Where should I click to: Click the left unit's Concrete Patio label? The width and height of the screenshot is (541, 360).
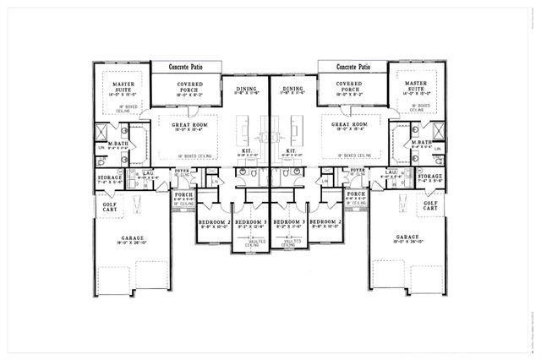(x=186, y=67)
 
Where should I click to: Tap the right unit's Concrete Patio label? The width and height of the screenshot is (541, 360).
(x=353, y=67)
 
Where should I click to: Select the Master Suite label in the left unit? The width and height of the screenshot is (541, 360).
(x=119, y=85)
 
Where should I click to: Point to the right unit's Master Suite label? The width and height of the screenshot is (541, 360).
(x=419, y=85)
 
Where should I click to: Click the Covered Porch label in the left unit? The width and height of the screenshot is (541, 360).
(x=186, y=85)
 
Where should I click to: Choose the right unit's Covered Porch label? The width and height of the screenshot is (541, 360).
(x=353, y=85)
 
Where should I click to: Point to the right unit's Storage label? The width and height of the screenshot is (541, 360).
(x=429, y=177)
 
